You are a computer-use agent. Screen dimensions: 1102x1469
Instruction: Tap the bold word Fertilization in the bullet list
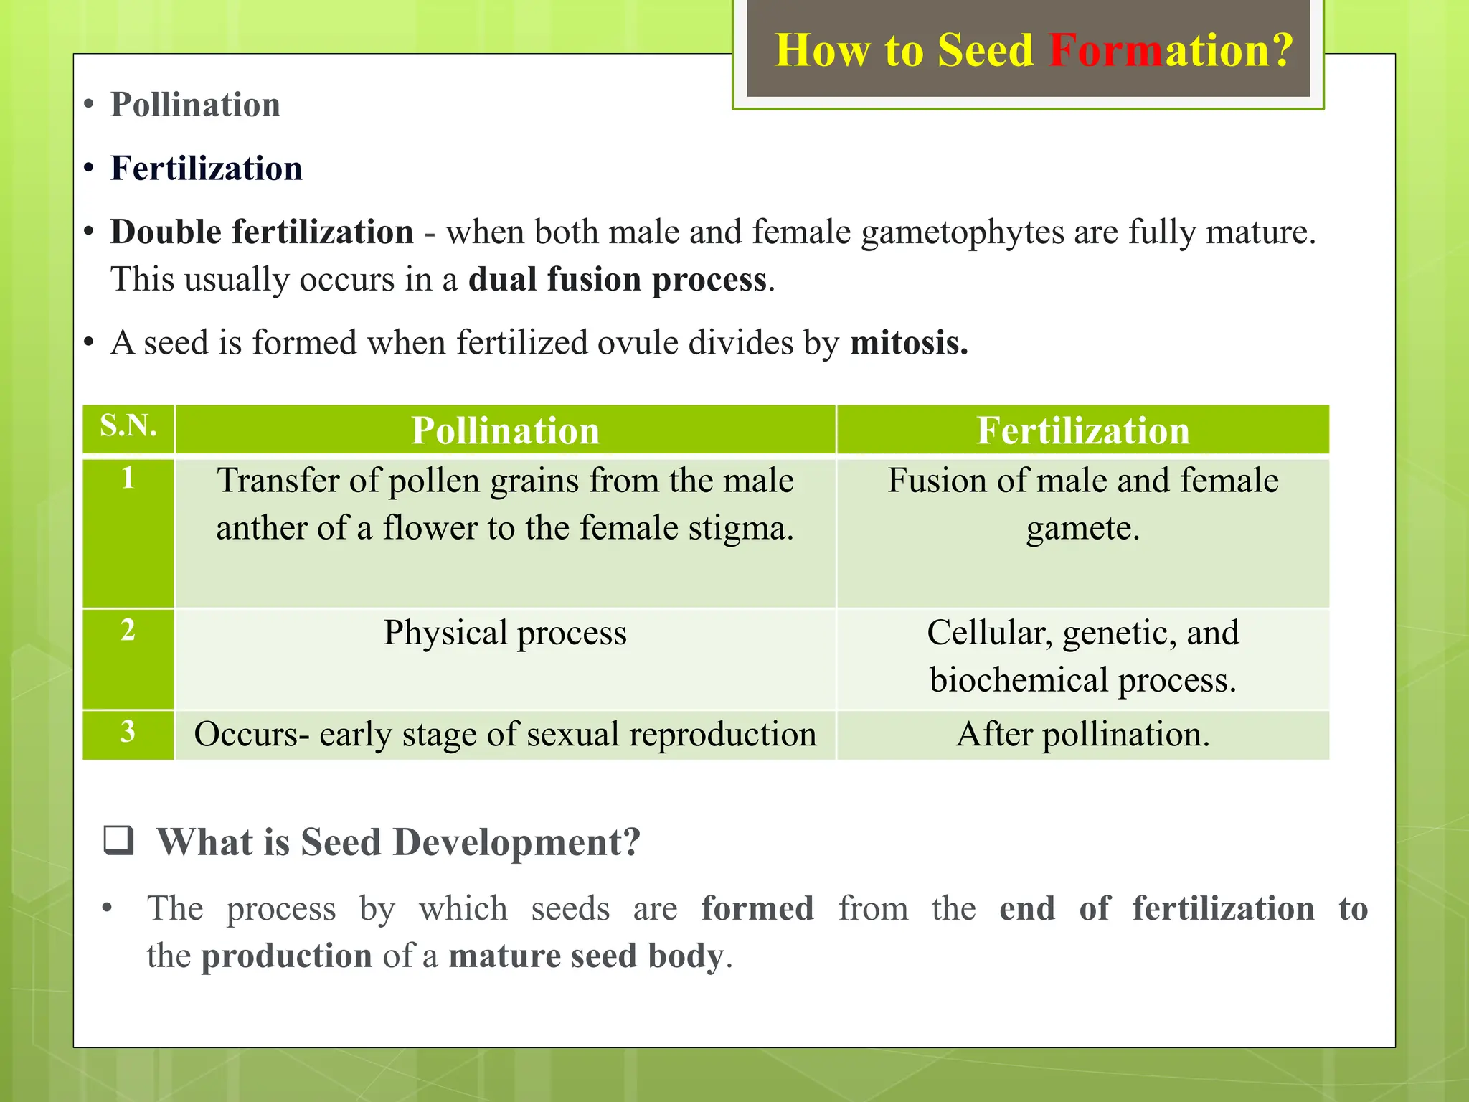[207, 169]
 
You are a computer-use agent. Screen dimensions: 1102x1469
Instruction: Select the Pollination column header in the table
[505, 430]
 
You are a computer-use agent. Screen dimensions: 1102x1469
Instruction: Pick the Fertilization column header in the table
[1082, 430]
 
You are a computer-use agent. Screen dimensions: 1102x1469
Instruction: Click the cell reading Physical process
[505, 633]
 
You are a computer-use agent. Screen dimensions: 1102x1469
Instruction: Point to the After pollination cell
[1082, 735]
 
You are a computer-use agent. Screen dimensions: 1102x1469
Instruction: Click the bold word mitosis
[909, 343]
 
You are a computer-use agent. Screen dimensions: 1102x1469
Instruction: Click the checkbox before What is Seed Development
[119, 840]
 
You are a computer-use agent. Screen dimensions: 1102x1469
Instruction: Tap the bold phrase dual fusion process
[618, 279]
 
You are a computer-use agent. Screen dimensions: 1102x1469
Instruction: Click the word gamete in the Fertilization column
[1082, 529]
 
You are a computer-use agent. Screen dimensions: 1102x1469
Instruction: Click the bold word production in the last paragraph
[286, 956]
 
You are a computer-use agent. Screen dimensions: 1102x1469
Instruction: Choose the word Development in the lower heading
[516, 842]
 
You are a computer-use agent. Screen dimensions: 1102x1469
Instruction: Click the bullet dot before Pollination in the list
[89, 105]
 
